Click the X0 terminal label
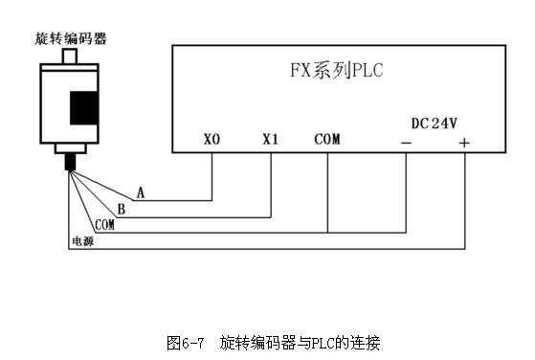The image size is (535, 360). [212, 140]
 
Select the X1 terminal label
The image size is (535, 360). [270, 140]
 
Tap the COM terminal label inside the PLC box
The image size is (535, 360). [326, 140]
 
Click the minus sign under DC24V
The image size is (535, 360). [407, 143]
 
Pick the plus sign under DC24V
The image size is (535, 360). [464, 143]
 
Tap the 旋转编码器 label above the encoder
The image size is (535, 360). [70, 38]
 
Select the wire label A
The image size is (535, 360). [141, 192]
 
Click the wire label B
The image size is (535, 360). [122, 208]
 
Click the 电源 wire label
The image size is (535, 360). [82, 240]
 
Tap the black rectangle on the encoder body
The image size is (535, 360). [86, 106]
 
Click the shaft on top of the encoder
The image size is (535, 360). [70, 57]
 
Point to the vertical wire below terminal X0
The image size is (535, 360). [212, 177]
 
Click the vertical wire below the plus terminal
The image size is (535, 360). [464, 201]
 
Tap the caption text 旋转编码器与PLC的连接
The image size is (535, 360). [301, 341]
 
